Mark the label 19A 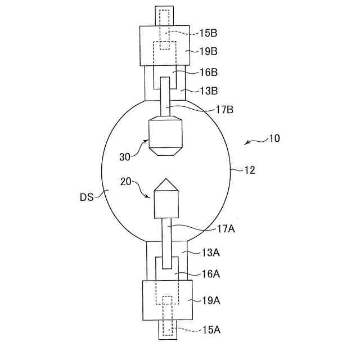211,300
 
